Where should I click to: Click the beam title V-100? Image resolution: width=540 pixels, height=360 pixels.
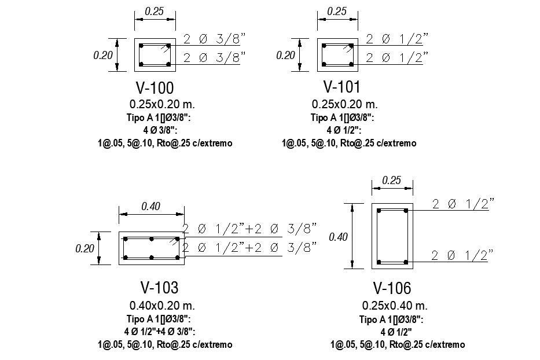(155, 88)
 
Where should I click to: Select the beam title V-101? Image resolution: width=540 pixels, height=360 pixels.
(341, 87)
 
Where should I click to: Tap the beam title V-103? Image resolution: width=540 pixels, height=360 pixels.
(159, 288)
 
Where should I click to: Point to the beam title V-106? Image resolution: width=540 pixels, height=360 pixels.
(392, 288)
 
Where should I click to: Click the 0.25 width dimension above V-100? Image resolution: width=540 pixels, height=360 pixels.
(154, 11)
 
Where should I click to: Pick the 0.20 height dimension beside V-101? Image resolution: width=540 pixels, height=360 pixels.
(285, 56)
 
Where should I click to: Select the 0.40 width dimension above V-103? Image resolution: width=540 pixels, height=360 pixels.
(151, 206)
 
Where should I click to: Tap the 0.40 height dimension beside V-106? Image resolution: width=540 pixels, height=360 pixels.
(339, 236)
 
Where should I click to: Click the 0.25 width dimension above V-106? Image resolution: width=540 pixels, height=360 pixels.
(391, 180)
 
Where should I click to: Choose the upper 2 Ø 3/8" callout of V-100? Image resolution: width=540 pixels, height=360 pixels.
(214, 39)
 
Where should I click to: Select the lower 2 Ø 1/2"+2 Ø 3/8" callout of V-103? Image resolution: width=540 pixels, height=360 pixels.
(249, 247)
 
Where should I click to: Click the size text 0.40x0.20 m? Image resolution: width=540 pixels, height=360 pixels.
(162, 305)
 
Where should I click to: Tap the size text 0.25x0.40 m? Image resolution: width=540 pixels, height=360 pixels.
(395, 305)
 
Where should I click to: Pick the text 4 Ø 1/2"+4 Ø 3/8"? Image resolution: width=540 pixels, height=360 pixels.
(159, 332)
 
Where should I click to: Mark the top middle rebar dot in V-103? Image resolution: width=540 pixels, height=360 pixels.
(150, 239)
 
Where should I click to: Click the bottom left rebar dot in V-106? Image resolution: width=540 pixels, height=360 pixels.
(379, 262)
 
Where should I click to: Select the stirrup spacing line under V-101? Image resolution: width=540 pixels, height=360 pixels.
(348, 143)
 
